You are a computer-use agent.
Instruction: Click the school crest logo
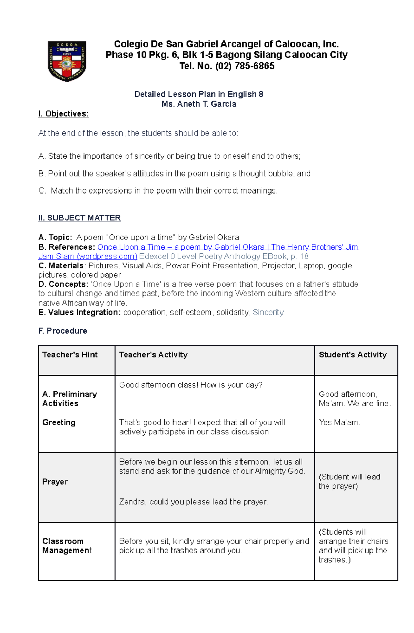click(x=67, y=61)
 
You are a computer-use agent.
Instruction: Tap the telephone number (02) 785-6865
click(x=245, y=66)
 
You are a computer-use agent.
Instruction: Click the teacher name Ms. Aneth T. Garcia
click(x=199, y=104)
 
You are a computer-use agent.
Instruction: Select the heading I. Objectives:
click(x=63, y=113)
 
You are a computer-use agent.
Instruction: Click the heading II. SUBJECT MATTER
click(x=79, y=218)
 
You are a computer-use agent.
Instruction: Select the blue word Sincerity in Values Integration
click(x=268, y=312)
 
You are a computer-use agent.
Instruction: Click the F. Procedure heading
click(x=62, y=330)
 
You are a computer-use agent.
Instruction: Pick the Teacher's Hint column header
click(x=70, y=355)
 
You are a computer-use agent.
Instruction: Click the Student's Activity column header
click(x=353, y=355)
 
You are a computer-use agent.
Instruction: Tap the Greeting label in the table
click(x=59, y=422)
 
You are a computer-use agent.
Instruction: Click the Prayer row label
click(x=55, y=482)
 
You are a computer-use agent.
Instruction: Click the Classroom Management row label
click(x=67, y=546)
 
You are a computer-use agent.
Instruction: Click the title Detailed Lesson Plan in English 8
click(x=199, y=94)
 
